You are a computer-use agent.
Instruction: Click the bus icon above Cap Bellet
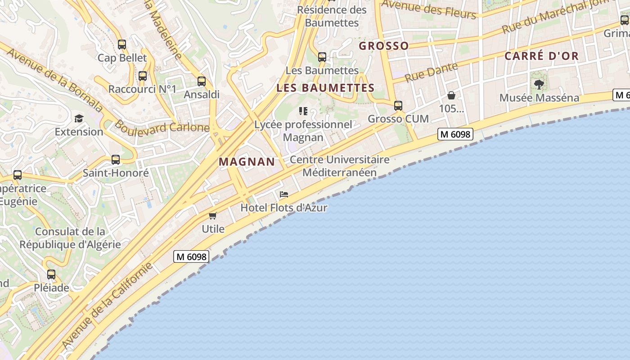(122, 45)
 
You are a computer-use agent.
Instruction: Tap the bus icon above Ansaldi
(202, 81)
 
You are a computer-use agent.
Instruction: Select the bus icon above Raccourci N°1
(143, 76)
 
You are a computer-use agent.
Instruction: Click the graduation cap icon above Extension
(79, 118)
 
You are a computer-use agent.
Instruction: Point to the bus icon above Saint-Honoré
(116, 160)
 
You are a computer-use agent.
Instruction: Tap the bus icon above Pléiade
(51, 274)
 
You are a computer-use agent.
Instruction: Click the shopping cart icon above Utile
(213, 216)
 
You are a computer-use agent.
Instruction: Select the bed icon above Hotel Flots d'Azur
(284, 194)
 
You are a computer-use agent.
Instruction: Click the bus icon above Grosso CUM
(398, 106)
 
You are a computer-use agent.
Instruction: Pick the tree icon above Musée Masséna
(539, 84)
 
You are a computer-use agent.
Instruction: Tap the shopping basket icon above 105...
(451, 95)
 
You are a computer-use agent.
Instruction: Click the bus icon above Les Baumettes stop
(322, 57)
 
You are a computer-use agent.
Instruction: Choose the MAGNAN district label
(247, 162)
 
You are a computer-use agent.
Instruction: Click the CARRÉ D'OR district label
(541, 56)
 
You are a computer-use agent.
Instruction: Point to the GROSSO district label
(384, 46)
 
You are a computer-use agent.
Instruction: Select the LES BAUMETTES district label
(325, 88)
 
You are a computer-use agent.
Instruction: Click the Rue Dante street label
(431, 72)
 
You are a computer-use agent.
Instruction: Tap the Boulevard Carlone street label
(162, 126)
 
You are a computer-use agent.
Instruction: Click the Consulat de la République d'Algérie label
(70, 238)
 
